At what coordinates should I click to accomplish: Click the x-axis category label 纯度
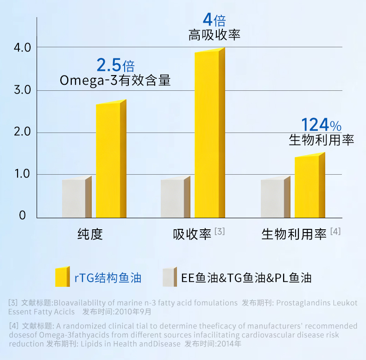click(90, 234)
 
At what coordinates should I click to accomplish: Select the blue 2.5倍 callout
click(115, 65)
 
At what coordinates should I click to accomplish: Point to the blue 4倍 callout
click(214, 20)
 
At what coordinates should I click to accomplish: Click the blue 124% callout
click(321, 125)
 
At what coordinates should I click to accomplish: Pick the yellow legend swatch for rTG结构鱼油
click(62, 277)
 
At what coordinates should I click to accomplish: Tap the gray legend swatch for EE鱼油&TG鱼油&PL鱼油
click(170, 277)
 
